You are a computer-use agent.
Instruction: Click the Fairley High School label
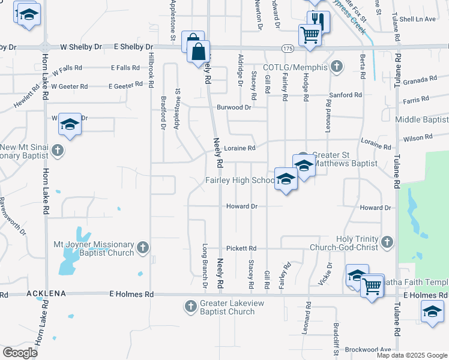(x=240, y=180)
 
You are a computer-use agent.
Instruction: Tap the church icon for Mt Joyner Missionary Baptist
(x=143, y=247)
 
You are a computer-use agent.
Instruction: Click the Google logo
(x=20, y=352)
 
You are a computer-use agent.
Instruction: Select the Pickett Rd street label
(x=241, y=248)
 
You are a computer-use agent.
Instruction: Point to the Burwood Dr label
(x=234, y=107)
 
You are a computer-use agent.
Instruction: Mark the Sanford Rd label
(x=346, y=95)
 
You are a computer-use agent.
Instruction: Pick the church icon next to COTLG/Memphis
(x=337, y=65)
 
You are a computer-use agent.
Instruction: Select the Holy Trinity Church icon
(x=387, y=242)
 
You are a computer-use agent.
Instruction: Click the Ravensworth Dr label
(x=13, y=215)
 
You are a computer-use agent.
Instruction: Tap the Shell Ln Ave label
(x=417, y=19)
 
